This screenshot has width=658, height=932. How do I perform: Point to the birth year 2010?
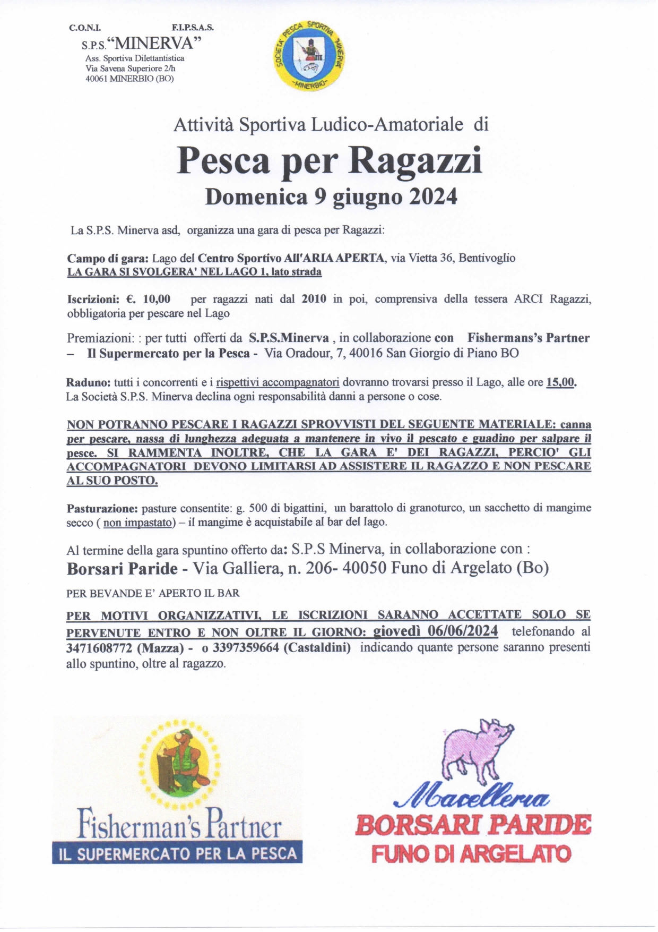pyautogui.click(x=314, y=299)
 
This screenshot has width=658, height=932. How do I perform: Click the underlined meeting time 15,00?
pyautogui.click(x=560, y=382)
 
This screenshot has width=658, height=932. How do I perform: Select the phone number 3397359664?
pyautogui.click(x=246, y=648)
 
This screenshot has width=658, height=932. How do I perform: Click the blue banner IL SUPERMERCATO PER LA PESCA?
pyautogui.click(x=177, y=854)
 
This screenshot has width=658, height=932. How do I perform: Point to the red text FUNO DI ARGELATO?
pyautogui.click(x=471, y=854)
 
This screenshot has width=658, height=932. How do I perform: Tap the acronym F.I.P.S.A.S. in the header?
pyautogui.click(x=193, y=28)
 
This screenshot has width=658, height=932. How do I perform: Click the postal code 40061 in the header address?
pyautogui.click(x=97, y=79)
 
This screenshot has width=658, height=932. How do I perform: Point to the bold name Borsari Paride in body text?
pyautogui.click(x=122, y=569)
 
